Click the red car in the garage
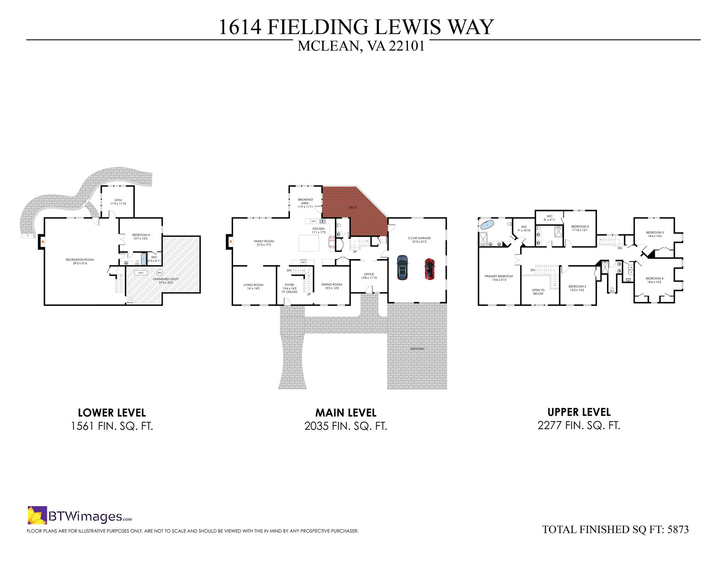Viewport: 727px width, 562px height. click(429, 269)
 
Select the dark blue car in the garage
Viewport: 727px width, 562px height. click(402, 267)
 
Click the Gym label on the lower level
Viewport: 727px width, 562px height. click(118, 200)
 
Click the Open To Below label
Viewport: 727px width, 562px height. click(538, 291)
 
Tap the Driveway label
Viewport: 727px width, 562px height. click(417, 349)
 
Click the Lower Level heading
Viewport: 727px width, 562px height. click(112, 412)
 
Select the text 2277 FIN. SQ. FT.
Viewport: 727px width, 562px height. click(578, 426)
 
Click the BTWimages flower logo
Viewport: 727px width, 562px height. click(37, 515)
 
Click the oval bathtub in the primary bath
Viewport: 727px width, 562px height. click(488, 224)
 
